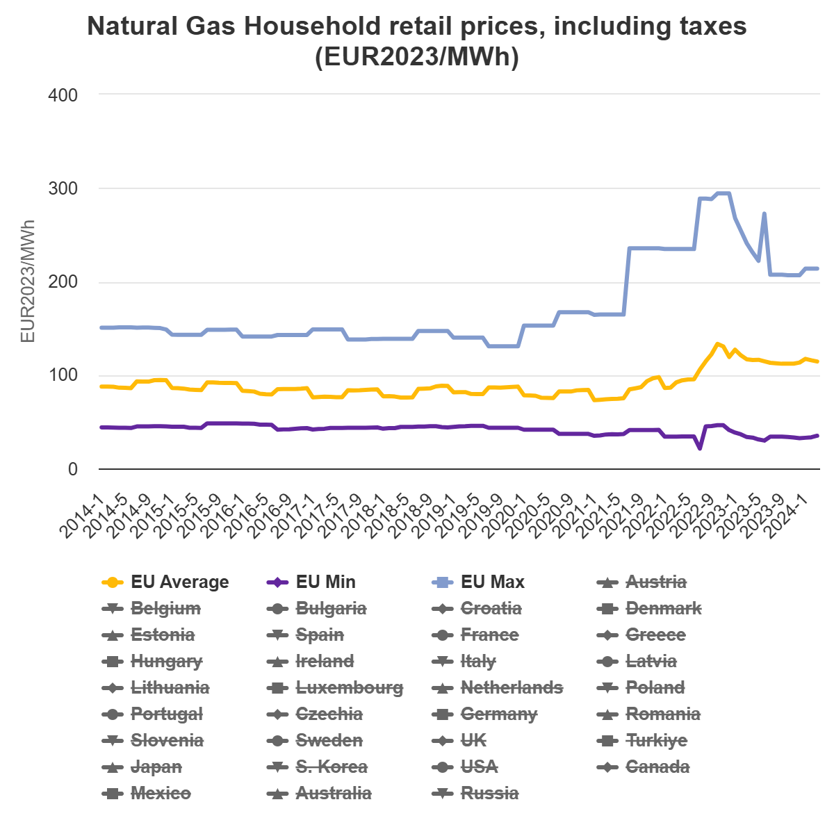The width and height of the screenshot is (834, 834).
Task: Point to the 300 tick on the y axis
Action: coord(63,188)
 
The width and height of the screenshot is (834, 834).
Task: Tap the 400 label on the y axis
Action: coord(63,95)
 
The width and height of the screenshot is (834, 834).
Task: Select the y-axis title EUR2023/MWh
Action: coord(28,281)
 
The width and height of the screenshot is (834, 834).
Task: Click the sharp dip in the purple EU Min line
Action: coord(700,448)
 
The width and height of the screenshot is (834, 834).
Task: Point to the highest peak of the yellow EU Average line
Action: coord(718,343)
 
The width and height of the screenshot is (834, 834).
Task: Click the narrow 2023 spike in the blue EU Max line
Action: coord(764,214)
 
